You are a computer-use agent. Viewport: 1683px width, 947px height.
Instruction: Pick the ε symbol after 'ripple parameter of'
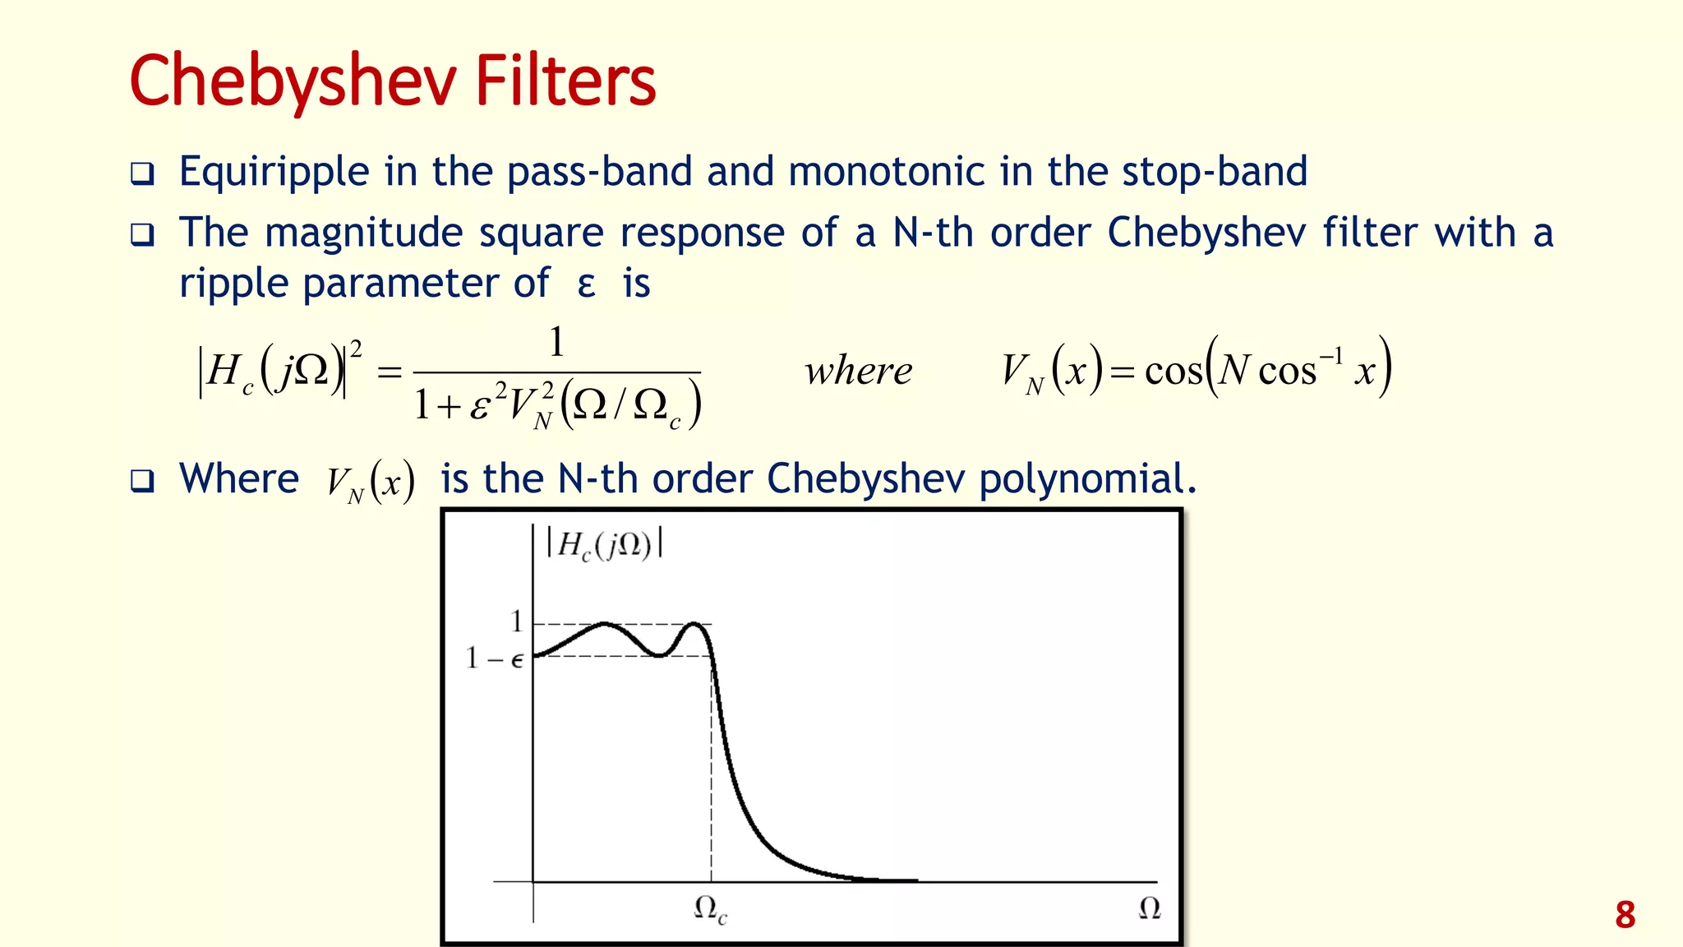(586, 285)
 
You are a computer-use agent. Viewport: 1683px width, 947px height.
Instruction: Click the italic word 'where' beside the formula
(859, 372)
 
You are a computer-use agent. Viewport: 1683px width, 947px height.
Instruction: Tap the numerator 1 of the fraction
(556, 342)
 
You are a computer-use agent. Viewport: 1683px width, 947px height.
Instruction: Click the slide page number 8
(1625, 915)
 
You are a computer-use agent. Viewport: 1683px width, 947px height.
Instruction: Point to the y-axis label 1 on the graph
(516, 621)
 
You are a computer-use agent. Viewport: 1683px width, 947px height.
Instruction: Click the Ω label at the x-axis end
(1150, 908)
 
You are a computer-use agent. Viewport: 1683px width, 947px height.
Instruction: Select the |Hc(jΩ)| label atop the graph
(605, 545)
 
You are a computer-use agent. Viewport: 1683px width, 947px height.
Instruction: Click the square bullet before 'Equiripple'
(142, 174)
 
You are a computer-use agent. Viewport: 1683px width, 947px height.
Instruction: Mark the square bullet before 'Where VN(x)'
(142, 481)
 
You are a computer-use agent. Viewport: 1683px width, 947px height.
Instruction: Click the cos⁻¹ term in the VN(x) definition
(1301, 370)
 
